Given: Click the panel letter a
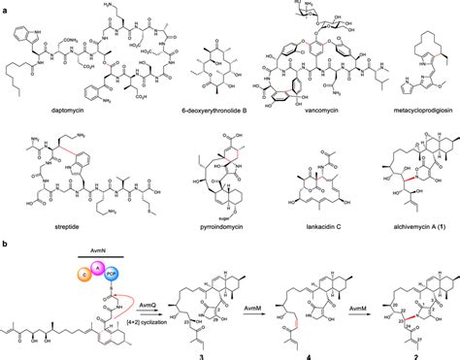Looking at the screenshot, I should pyautogui.click(x=5, y=6).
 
